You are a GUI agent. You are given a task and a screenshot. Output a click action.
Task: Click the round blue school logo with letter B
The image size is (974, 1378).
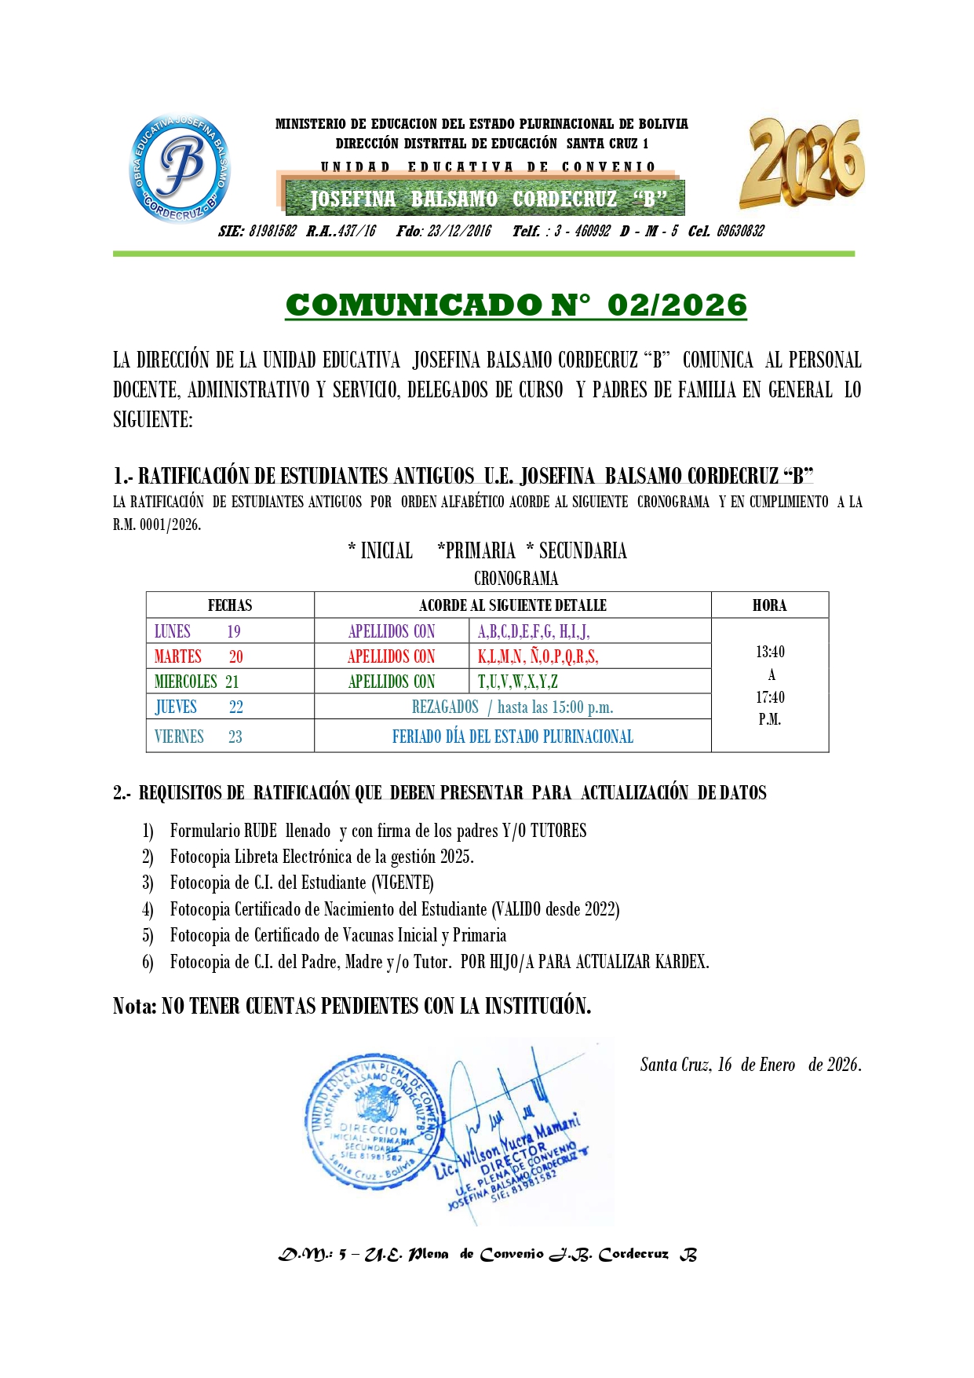(x=180, y=168)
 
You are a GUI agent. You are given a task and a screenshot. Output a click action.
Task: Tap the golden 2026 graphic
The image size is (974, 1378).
(x=801, y=163)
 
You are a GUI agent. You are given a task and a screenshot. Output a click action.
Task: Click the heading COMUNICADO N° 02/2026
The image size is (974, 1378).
(x=516, y=305)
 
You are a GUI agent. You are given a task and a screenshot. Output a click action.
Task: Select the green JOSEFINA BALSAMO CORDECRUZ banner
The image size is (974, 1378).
(x=484, y=199)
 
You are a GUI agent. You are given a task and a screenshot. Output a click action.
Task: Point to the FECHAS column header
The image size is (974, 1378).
(x=230, y=605)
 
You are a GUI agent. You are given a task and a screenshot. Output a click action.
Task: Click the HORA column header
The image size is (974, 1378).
(x=769, y=605)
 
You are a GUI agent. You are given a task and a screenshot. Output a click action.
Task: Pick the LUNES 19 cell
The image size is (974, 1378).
(x=198, y=631)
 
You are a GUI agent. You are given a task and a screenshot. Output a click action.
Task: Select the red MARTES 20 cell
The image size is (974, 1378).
(x=199, y=656)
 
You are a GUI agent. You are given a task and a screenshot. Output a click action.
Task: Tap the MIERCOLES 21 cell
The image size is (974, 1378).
(x=197, y=682)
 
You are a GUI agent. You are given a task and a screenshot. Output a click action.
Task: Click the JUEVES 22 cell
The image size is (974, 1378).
(x=199, y=707)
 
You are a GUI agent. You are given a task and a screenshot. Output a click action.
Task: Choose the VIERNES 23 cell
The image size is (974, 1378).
(x=199, y=737)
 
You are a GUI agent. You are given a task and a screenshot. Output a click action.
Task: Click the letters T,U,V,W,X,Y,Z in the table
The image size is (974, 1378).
(x=518, y=682)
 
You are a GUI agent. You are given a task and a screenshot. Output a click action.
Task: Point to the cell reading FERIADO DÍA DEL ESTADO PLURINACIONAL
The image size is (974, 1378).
(x=513, y=737)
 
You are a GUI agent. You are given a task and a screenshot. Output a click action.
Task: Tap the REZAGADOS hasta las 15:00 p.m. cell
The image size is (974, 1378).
(x=513, y=707)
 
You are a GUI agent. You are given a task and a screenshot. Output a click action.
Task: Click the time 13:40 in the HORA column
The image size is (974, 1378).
(x=770, y=652)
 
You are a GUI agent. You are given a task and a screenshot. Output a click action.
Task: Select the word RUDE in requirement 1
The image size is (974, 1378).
(x=261, y=831)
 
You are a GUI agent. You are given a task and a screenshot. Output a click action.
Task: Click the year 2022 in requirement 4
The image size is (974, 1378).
(x=600, y=909)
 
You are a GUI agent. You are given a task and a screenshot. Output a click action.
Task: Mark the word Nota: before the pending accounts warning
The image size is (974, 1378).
(x=135, y=1006)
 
